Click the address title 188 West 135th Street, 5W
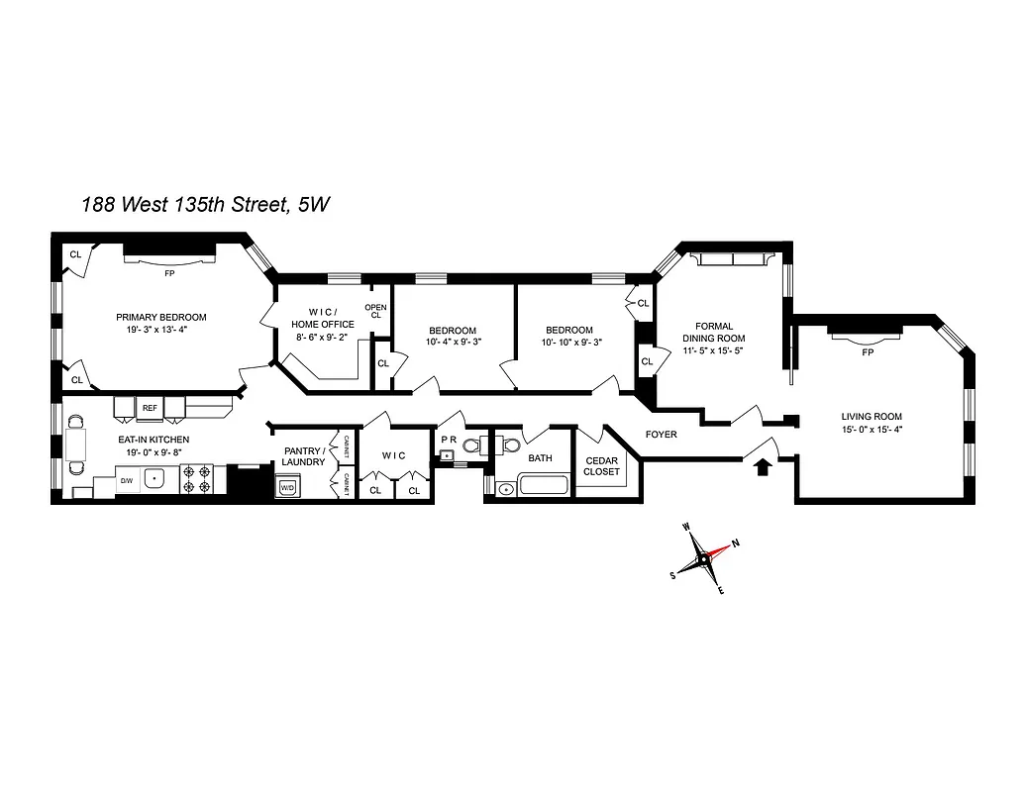coord(206,205)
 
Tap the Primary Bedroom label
coord(161,317)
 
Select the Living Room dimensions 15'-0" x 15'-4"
coord(872,429)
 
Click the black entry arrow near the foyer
coord(763,464)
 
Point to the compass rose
coord(703,559)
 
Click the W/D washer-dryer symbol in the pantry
coord(288,487)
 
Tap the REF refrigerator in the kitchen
coord(150,407)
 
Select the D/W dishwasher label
coord(126,482)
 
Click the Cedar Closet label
coord(602,466)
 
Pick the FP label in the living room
coord(868,352)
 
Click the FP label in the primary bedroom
coord(169,272)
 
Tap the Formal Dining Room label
coord(714,333)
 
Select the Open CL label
coord(375,311)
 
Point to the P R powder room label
coord(448,440)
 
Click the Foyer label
coord(662,435)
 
